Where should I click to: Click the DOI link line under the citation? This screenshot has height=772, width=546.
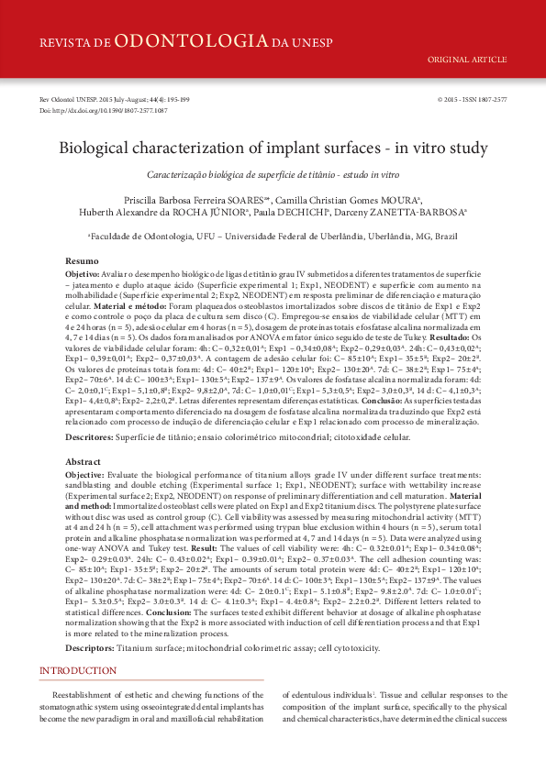click(103, 110)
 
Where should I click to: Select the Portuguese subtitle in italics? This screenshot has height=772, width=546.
click(273, 174)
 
